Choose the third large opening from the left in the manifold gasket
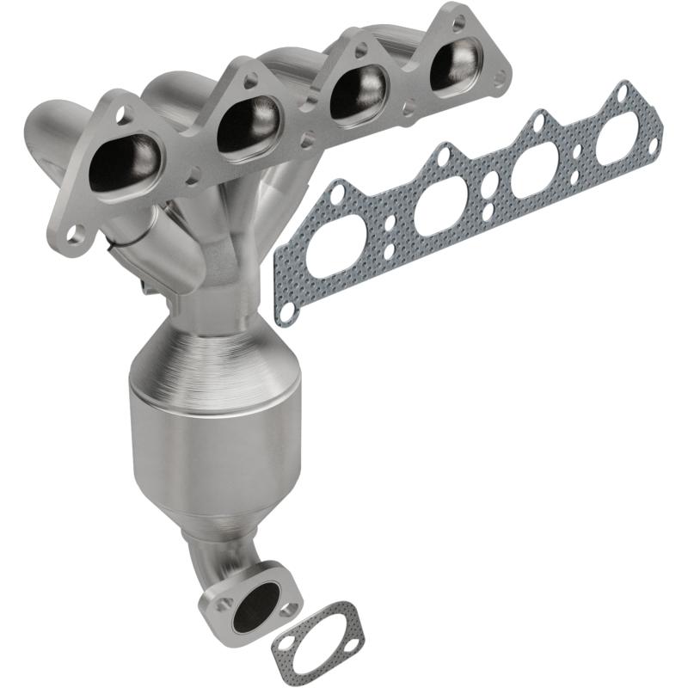(x=535, y=169)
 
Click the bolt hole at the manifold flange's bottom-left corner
(x=77, y=232)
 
